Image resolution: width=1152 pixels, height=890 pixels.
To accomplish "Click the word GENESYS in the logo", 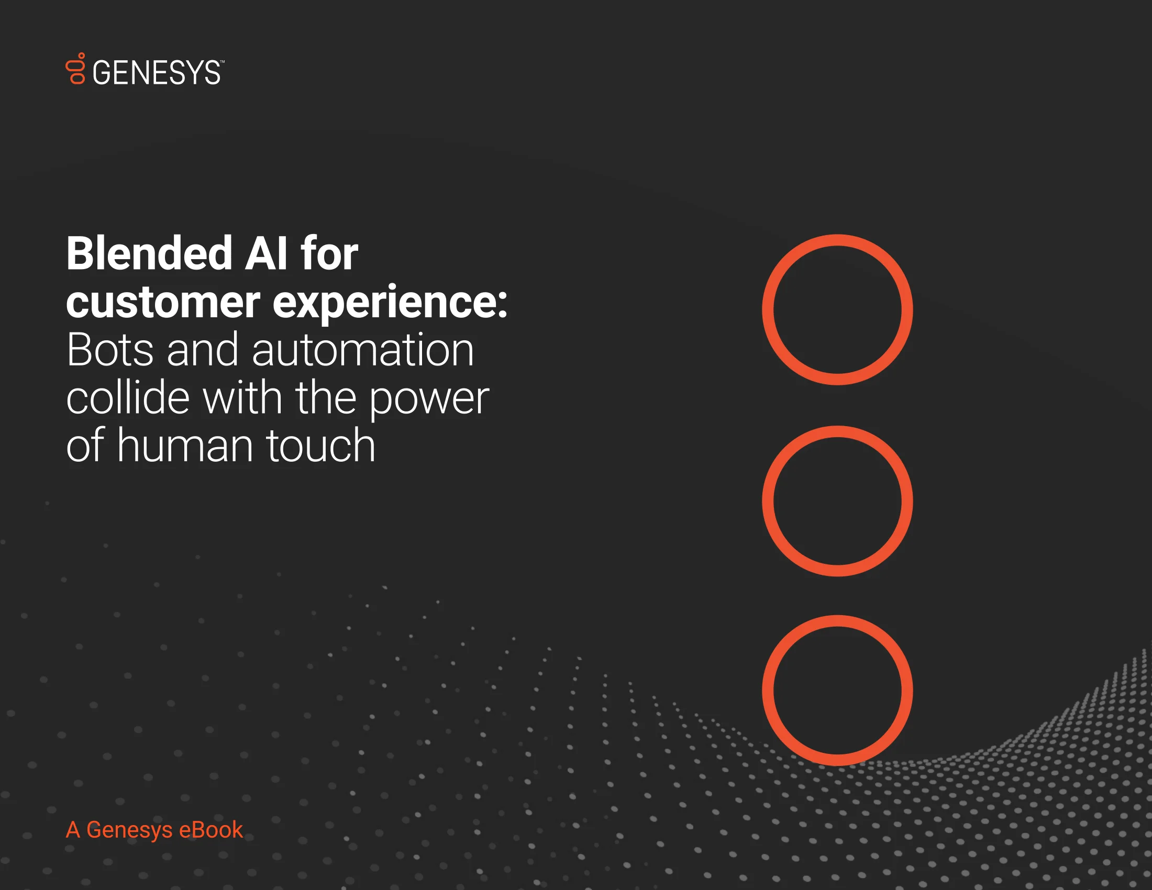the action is [157, 73].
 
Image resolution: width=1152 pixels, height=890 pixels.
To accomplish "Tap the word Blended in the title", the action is [149, 253].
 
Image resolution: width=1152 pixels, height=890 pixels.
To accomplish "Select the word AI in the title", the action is [267, 253].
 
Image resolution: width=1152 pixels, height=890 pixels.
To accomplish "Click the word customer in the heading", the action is [163, 303].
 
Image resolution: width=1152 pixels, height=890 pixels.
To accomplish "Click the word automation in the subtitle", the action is [363, 350].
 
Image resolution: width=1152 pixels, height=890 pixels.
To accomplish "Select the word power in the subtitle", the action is [429, 400].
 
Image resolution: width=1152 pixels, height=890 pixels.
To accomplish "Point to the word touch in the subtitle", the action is [320, 446].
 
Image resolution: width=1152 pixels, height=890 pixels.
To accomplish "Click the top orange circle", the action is [837, 241].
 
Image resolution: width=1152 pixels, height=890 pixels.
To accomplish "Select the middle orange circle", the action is [837, 433].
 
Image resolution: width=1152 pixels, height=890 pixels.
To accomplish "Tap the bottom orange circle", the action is [837, 622].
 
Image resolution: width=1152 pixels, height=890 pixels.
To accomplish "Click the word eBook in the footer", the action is [211, 830].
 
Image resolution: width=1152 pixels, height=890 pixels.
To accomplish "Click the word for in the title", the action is [330, 253].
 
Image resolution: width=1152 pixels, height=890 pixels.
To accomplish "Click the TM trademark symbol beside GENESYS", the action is [222, 62].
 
